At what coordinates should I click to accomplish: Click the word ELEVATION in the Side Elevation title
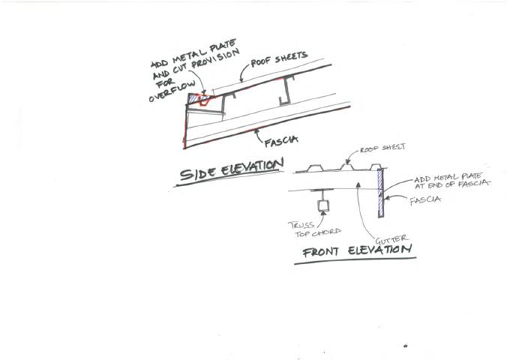point(252,166)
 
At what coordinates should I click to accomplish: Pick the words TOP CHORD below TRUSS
point(306,232)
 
